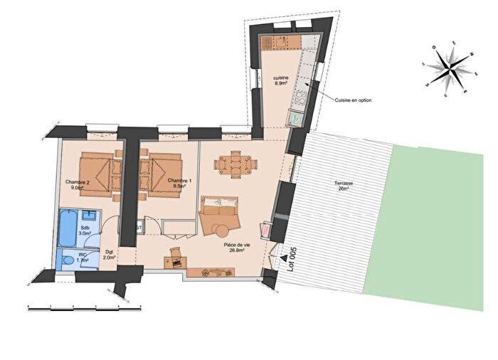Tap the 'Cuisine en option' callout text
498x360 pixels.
[x=354, y=100]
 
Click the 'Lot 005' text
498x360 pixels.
[x=290, y=255]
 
